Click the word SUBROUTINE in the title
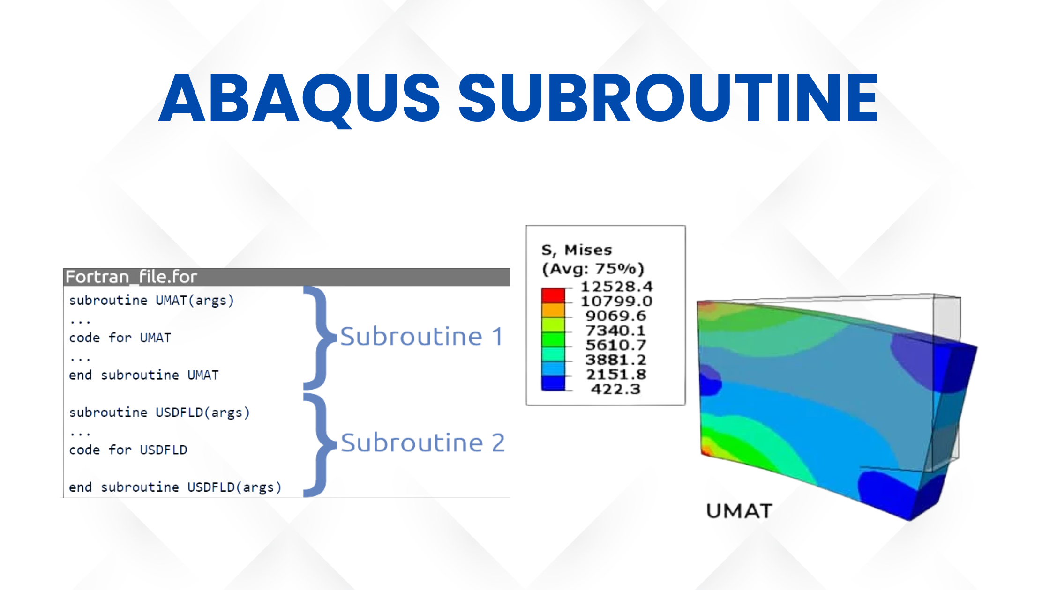click(668, 98)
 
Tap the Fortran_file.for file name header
click(131, 277)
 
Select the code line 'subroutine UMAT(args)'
click(151, 300)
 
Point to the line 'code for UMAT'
click(120, 338)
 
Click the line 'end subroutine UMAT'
click(143, 375)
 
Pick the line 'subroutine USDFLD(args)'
click(159, 413)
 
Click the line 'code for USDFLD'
click(128, 450)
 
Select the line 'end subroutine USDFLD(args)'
click(175, 487)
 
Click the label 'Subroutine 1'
click(421, 337)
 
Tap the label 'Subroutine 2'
click(423, 443)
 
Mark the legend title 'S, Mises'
click(577, 250)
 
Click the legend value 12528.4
click(616, 286)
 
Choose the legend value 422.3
click(615, 389)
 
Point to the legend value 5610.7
click(616, 345)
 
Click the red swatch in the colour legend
click(553, 295)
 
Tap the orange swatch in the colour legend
click(553, 310)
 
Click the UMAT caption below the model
click(739, 511)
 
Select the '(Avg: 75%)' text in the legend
click(593, 269)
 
